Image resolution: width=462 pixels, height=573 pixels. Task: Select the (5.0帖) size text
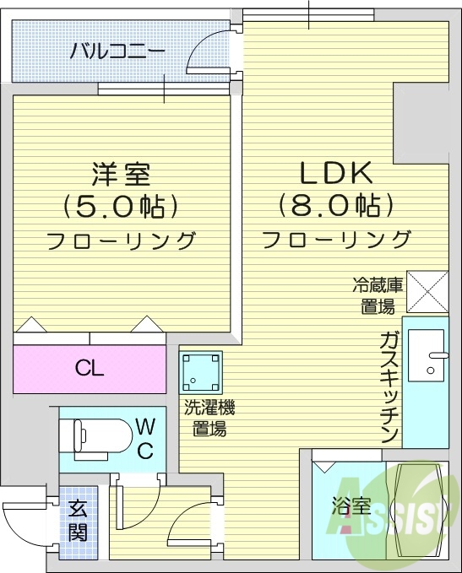[121, 207]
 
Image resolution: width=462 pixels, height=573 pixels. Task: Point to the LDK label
[337, 173]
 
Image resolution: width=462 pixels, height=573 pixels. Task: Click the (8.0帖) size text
[337, 206]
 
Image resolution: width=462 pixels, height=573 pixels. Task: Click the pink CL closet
[90, 368]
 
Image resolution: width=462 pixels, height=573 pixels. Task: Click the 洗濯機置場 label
[209, 419]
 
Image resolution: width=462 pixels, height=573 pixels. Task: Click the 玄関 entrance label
[78, 520]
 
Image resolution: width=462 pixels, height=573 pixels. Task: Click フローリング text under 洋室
[121, 241]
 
